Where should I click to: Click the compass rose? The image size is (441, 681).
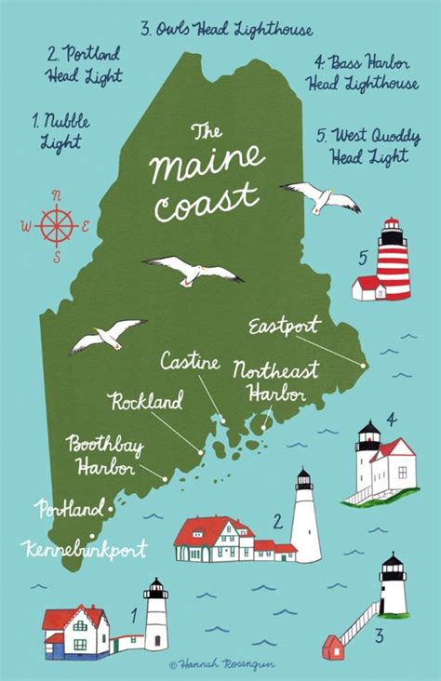56,224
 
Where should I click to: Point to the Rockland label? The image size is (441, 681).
146,402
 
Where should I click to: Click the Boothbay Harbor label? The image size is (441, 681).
103,457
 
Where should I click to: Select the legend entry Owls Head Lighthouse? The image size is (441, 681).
227,31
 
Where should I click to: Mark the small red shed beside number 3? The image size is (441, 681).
332,646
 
